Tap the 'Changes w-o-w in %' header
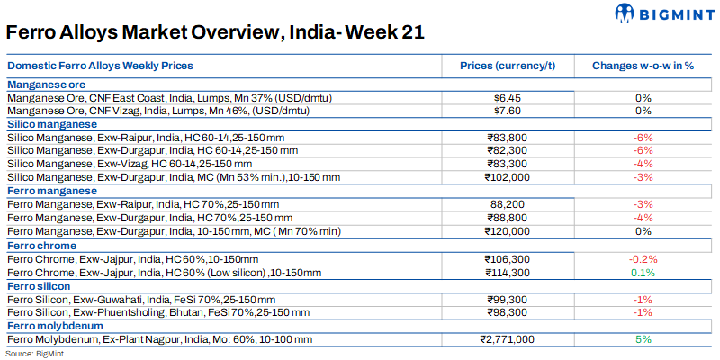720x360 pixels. click(x=643, y=67)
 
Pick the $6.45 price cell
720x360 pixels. click(x=508, y=97)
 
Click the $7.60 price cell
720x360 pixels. click(x=508, y=111)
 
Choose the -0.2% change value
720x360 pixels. click(x=643, y=259)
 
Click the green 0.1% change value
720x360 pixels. click(x=643, y=273)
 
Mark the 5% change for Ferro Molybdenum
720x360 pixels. click(x=643, y=339)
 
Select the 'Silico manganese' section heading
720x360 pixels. click(x=52, y=124)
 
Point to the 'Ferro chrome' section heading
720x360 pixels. click(x=41, y=246)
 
